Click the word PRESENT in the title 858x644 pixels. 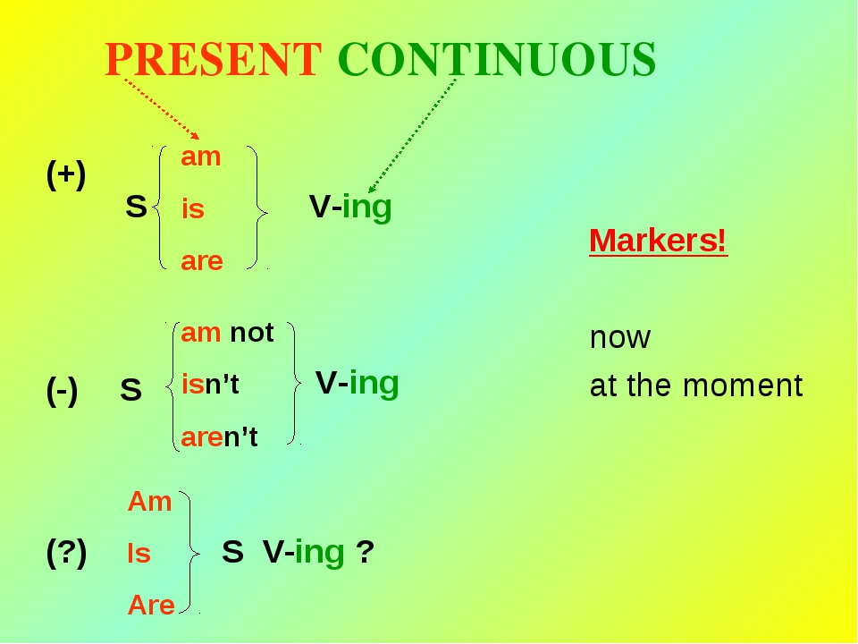click(x=213, y=59)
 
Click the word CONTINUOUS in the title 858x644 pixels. click(x=497, y=59)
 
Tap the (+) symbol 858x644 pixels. click(x=66, y=174)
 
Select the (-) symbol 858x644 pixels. click(x=62, y=391)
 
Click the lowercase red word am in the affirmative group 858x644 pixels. click(x=201, y=157)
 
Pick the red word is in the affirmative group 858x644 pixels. click(x=193, y=208)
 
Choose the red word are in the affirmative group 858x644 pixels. click(x=202, y=261)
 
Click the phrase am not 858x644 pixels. click(x=227, y=333)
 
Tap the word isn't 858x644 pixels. click(x=210, y=384)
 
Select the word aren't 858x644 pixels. click(x=219, y=437)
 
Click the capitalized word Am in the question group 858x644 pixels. click(x=149, y=501)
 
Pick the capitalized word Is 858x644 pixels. click(x=139, y=553)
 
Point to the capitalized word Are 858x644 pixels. click(x=151, y=606)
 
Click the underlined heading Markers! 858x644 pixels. click(x=659, y=241)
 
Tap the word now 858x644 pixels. click(x=620, y=337)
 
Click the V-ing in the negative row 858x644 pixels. click(x=357, y=383)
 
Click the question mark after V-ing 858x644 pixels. click(x=365, y=552)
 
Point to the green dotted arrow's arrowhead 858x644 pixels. click(x=372, y=189)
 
